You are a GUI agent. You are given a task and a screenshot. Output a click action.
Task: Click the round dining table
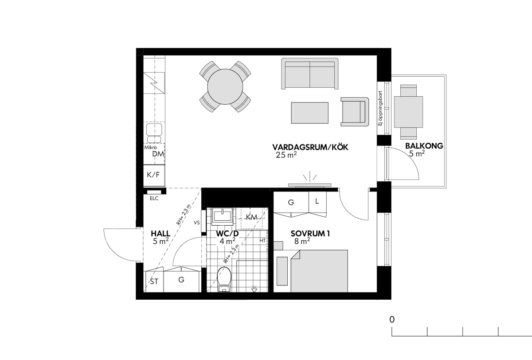click(225, 87)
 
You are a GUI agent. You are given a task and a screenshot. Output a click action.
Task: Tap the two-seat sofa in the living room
click(310, 74)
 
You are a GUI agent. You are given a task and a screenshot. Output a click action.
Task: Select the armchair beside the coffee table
click(355, 112)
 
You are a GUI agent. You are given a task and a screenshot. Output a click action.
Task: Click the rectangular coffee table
click(310, 113)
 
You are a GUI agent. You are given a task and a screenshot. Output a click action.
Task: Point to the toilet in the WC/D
click(224, 279)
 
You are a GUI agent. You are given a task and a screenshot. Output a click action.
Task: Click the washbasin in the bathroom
click(223, 216)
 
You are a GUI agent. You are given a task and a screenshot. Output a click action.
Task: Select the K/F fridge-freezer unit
click(154, 175)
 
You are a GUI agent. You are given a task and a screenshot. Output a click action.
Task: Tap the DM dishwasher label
click(158, 154)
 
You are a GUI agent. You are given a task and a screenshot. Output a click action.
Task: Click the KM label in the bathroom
click(252, 217)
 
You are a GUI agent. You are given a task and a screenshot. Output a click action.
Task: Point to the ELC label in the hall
click(154, 198)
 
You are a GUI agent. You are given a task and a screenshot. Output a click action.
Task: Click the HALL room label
click(160, 234)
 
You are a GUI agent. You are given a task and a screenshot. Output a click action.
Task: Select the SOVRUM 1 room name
click(310, 234)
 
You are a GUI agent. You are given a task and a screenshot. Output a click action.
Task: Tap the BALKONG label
click(424, 145)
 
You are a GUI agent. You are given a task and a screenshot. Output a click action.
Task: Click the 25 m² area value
click(286, 155)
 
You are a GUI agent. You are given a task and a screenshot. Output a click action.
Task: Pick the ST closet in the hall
click(154, 282)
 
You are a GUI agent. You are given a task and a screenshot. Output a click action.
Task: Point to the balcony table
click(408, 112)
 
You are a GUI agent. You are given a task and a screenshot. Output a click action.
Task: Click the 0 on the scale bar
click(392, 320)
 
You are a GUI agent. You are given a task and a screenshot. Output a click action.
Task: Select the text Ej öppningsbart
click(381, 108)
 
